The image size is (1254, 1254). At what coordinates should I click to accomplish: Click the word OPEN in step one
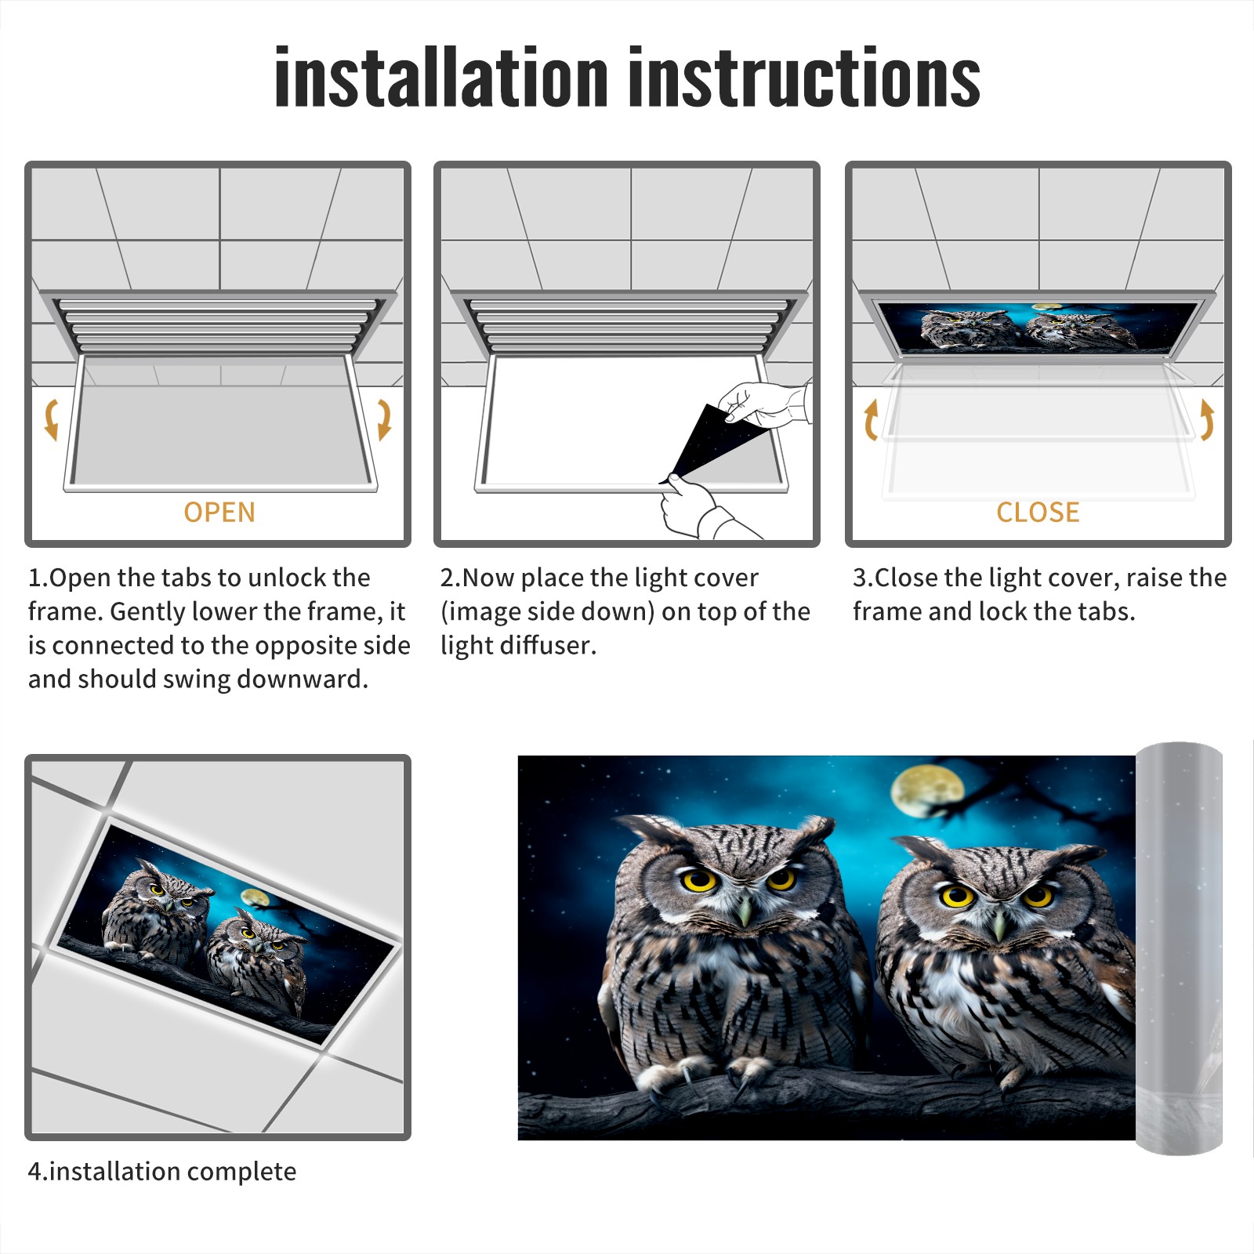pyautogui.click(x=219, y=512)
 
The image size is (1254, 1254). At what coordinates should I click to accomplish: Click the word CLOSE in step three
pyautogui.click(x=1038, y=512)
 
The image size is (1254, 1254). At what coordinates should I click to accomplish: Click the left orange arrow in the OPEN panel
pyautogui.click(x=51, y=419)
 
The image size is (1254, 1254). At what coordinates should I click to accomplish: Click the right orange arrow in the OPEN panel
pyautogui.click(x=384, y=419)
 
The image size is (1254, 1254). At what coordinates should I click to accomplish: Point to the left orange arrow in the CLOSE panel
pyautogui.click(x=871, y=419)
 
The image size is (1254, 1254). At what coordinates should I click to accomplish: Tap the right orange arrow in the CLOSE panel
pyautogui.click(x=1207, y=419)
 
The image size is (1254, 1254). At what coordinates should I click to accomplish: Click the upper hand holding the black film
pyautogui.click(x=764, y=403)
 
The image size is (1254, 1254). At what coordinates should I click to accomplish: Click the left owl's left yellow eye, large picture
pyautogui.click(x=700, y=879)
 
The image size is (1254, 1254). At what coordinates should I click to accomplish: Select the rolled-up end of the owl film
pyautogui.click(x=1179, y=948)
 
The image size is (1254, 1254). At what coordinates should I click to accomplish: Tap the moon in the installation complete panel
pyautogui.click(x=254, y=897)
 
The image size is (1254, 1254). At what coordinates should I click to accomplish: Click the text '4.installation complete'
pyautogui.click(x=162, y=1171)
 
